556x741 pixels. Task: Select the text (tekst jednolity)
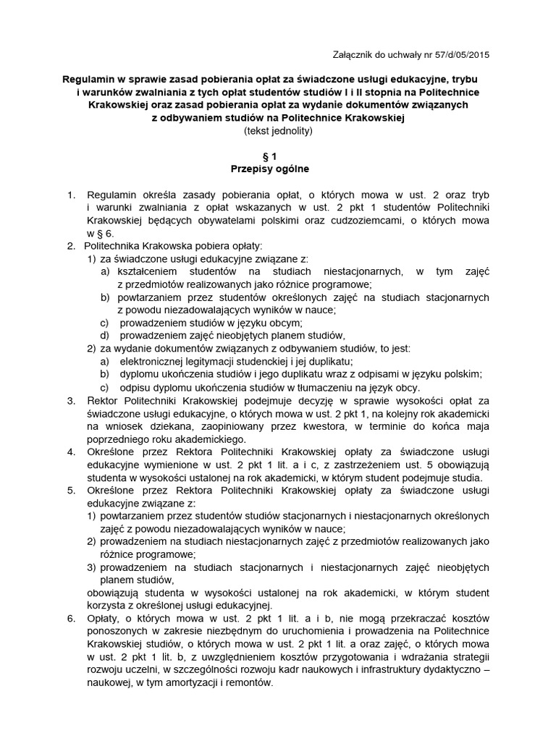click(x=278, y=131)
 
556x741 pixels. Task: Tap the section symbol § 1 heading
click(x=278, y=156)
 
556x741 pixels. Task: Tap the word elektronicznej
click(x=154, y=360)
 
